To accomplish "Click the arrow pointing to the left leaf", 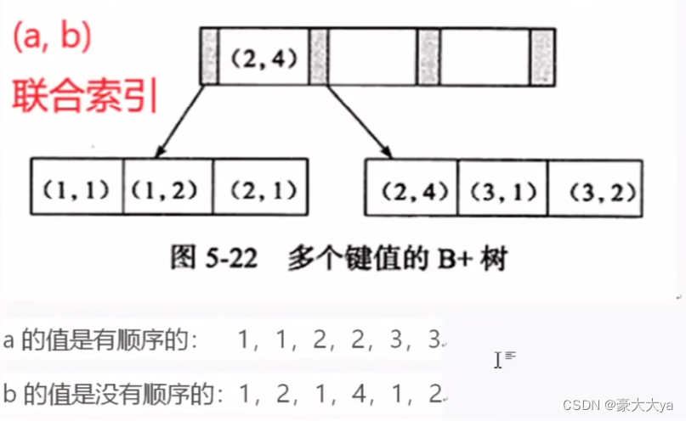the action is coord(180,121).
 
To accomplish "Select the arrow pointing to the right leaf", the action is coord(357,121).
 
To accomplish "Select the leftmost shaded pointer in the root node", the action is coord(208,57).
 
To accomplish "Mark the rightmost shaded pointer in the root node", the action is coord(542,57).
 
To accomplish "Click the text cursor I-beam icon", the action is coord(499,360).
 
